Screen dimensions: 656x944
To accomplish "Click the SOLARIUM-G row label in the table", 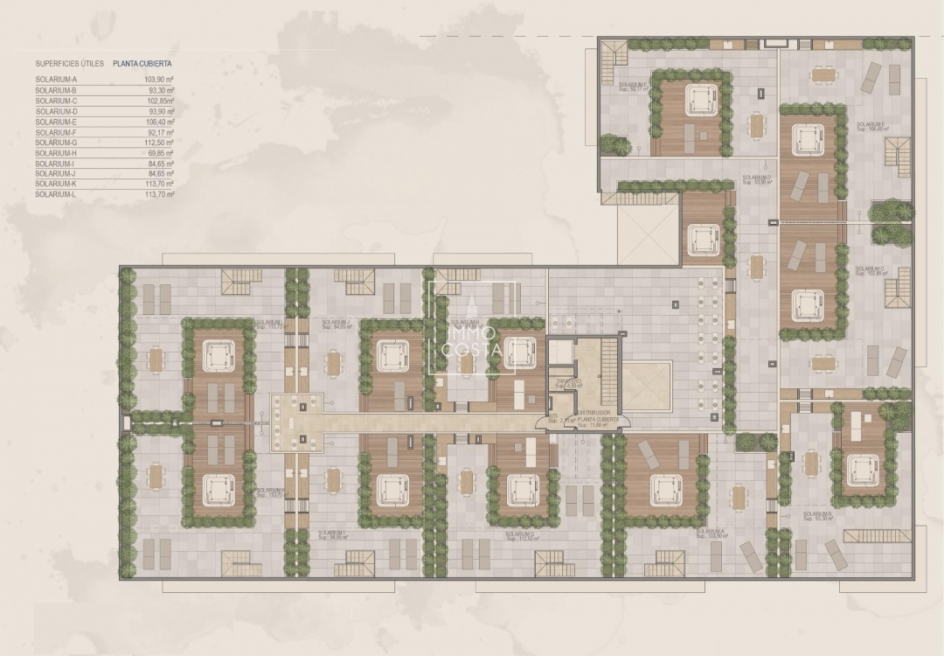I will pyautogui.click(x=57, y=143).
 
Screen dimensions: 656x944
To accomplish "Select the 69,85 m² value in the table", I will pyautogui.click(x=160, y=153).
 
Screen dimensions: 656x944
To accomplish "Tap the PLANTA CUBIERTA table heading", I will pyautogui.click(x=142, y=64).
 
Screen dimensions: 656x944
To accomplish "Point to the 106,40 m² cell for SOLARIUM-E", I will pyautogui.click(x=160, y=122).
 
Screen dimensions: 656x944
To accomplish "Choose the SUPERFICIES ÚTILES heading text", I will pyautogui.click(x=70, y=64).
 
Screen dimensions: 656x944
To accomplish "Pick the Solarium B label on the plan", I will pyautogui.click(x=817, y=515).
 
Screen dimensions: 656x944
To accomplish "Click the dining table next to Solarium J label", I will pyautogui.click(x=333, y=361).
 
